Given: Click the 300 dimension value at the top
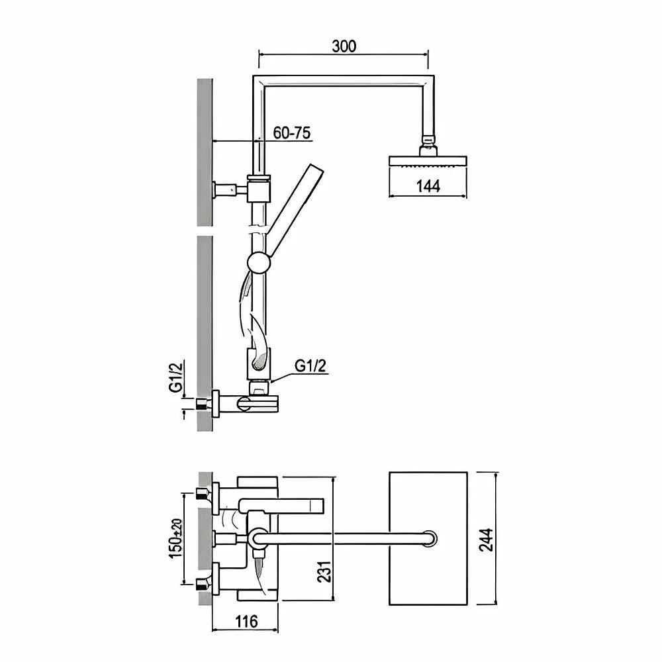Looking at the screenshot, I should point(344,46).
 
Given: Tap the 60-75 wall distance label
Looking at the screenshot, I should point(292,132).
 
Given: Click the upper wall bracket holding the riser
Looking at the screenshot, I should point(258,188).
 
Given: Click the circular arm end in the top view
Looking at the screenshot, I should point(430,538).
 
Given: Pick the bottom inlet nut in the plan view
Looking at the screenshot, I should point(201,583).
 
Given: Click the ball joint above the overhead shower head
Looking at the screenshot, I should point(429,140).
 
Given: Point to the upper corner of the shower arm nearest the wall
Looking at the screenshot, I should point(259,81).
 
